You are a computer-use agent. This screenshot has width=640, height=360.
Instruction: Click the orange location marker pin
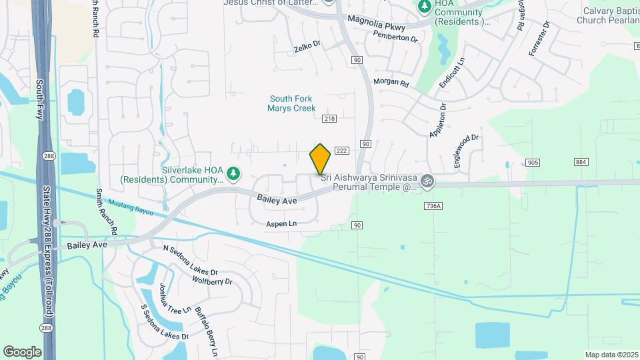tap(320, 159)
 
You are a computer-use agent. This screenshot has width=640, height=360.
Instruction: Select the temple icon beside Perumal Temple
tap(427, 181)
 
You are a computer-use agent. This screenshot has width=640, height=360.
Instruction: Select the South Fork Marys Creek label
tap(291, 103)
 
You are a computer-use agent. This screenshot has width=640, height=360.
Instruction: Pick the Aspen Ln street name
tap(281, 224)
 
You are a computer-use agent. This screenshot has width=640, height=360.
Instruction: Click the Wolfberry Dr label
tap(212, 281)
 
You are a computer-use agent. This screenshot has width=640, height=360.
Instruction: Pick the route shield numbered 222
tap(341, 151)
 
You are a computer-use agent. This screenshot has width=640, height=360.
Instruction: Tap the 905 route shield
tap(532, 163)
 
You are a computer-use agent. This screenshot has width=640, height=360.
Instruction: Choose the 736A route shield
tap(432, 207)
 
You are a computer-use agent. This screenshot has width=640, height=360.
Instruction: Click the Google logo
tap(22, 351)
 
